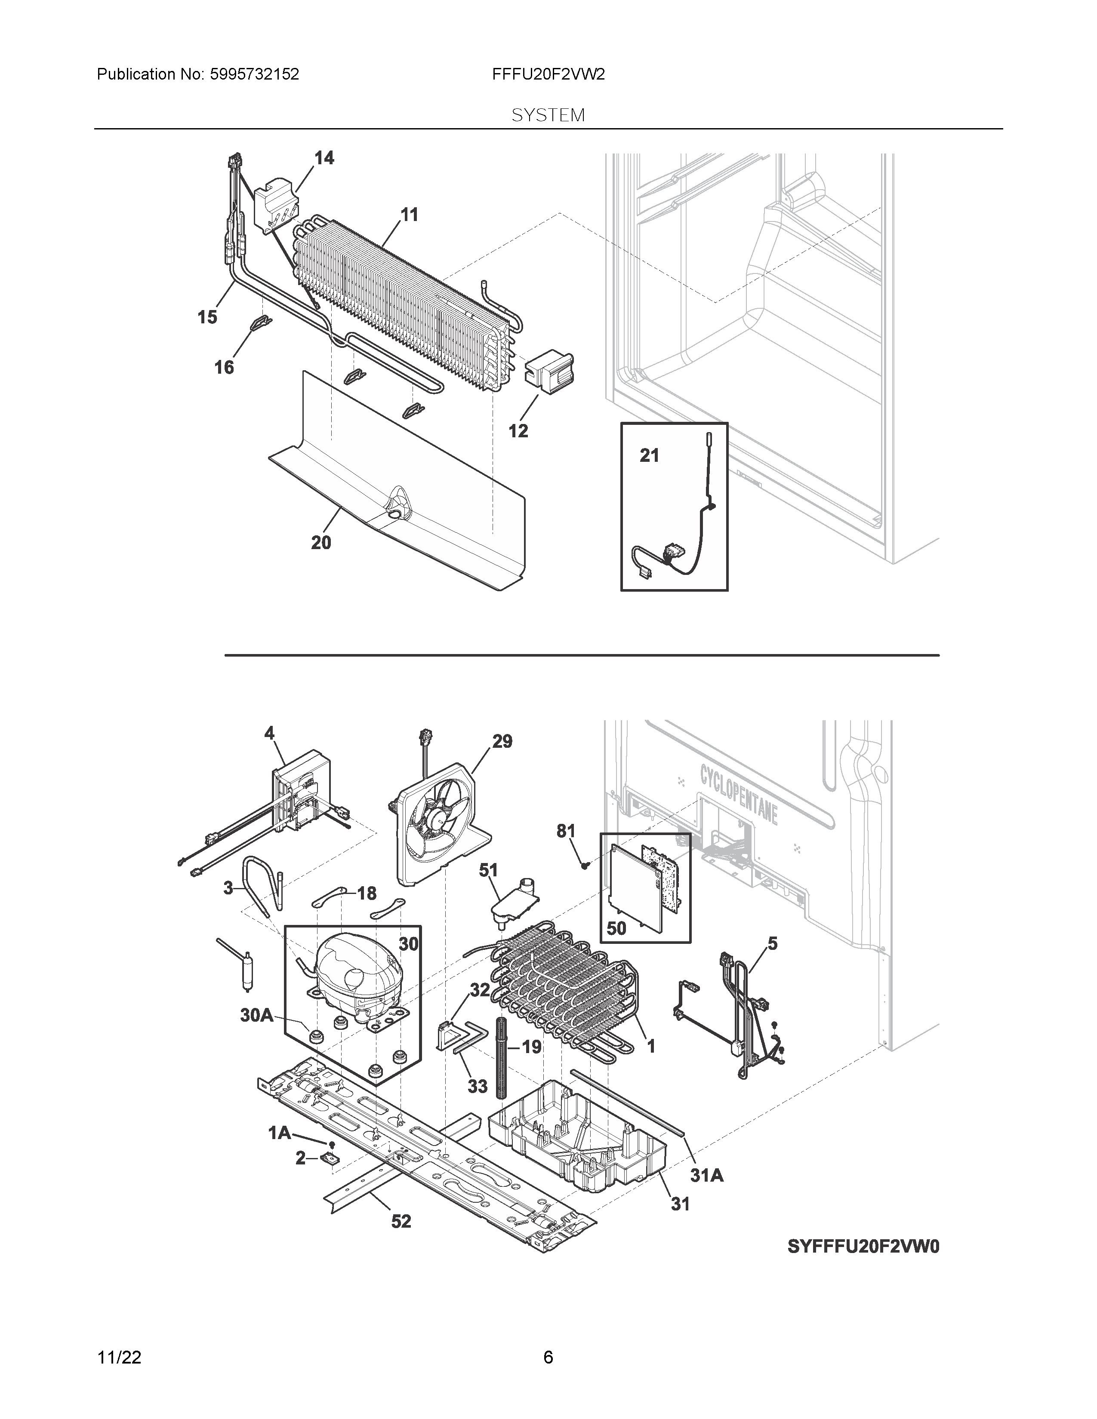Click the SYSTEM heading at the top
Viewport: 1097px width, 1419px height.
click(x=548, y=116)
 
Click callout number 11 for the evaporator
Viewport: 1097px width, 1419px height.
click(x=409, y=215)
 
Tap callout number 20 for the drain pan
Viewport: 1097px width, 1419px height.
click(x=321, y=543)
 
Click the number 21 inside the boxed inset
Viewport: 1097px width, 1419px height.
click(x=649, y=456)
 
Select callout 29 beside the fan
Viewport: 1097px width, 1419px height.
click(x=502, y=741)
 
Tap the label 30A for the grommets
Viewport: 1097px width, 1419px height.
click(x=257, y=1016)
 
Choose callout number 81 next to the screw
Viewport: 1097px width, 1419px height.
click(x=566, y=831)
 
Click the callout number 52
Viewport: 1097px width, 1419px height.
click(x=401, y=1222)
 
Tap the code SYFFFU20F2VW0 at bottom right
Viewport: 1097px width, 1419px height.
click(x=863, y=1247)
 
